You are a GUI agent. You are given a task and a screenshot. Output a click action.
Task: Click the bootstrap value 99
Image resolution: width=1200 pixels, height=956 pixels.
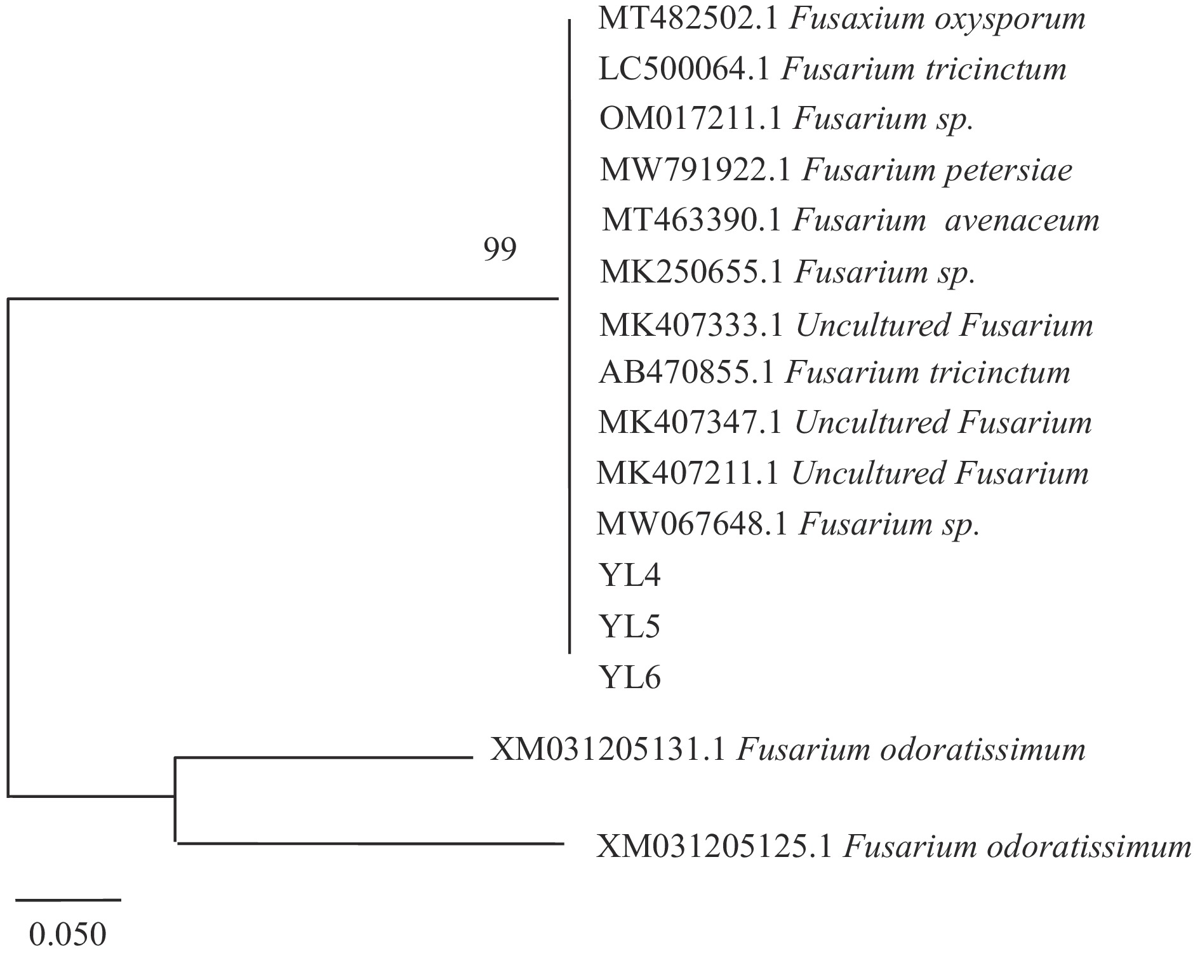pyautogui.click(x=500, y=249)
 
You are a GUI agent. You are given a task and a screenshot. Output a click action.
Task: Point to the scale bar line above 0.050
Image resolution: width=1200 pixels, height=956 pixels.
pyautogui.click(x=68, y=900)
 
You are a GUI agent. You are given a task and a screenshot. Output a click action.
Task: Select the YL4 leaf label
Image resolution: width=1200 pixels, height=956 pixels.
pyautogui.click(x=629, y=576)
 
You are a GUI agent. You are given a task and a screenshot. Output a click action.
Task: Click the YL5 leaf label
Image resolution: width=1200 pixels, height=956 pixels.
pyautogui.click(x=629, y=627)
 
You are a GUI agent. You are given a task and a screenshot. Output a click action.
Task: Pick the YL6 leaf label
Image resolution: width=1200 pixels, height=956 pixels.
pyautogui.click(x=629, y=678)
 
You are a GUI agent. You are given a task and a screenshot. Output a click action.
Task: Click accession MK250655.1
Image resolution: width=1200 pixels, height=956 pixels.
pyautogui.click(x=691, y=272)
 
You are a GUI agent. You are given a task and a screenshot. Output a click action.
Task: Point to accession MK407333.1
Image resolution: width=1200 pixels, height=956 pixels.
pyautogui.click(x=692, y=325)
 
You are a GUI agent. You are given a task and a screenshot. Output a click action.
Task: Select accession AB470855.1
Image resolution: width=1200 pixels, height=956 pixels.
pyautogui.click(x=686, y=373)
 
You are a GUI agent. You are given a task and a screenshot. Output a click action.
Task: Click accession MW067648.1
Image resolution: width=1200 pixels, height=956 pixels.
pyautogui.click(x=693, y=524)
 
